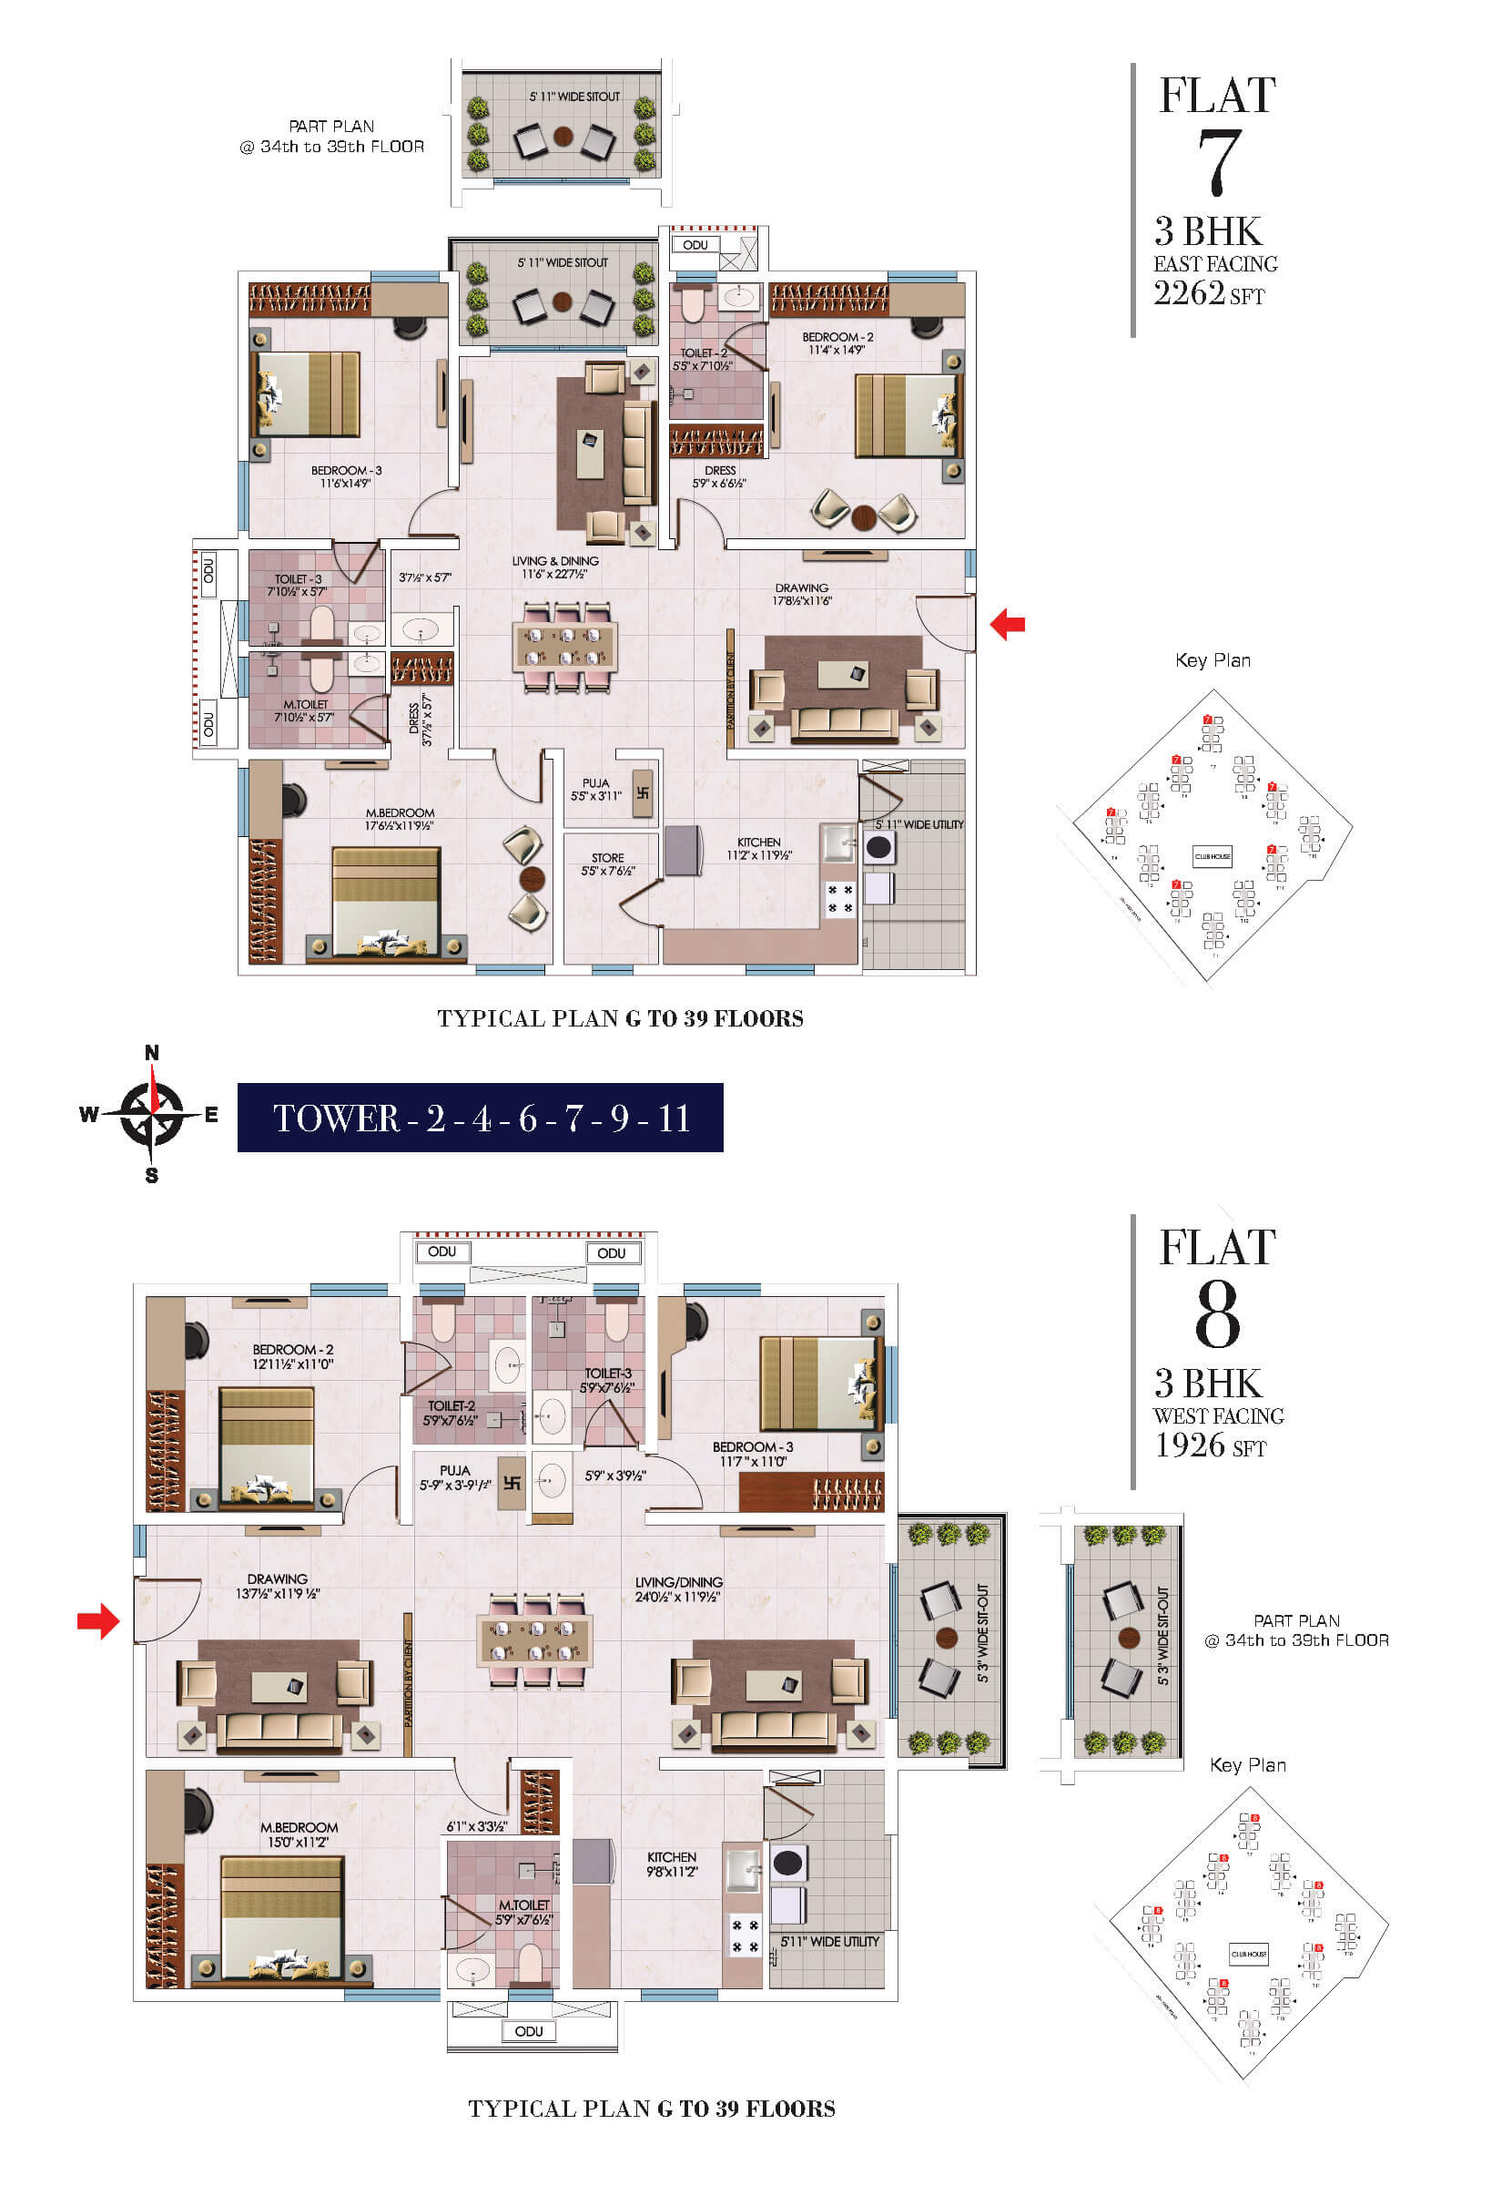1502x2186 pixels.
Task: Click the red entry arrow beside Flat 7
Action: click(x=1007, y=623)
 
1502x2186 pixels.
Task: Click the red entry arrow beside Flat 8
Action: click(x=98, y=1620)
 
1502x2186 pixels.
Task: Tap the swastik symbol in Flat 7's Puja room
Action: click(x=643, y=792)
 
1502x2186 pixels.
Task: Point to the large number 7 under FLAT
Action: click(x=1217, y=162)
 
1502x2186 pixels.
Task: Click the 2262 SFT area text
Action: click(x=1208, y=293)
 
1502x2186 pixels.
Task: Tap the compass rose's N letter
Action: click(x=151, y=1053)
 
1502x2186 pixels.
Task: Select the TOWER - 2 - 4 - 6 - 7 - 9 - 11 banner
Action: click(x=480, y=1118)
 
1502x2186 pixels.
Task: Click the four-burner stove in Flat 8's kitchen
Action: click(x=744, y=1936)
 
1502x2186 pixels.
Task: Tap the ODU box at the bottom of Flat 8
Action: click(x=528, y=2030)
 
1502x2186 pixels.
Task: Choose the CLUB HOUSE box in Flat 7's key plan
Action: click(x=1213, y=857)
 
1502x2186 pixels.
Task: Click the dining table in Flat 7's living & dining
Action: click(x=564, y=646)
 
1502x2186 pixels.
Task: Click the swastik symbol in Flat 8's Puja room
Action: click(x=511, y=1484)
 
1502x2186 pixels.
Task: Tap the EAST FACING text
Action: click(x=1215, y=263)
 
